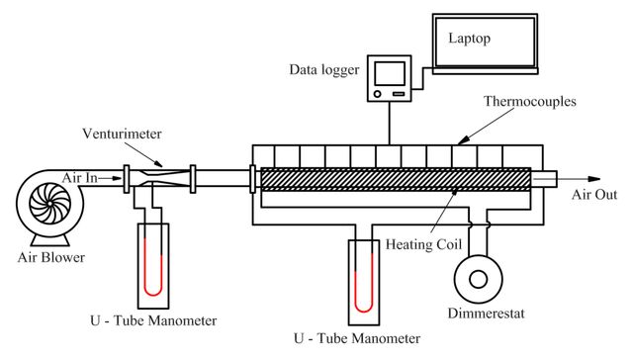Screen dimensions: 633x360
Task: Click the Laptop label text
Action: point(469,39)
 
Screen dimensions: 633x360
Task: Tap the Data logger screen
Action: point(390,73)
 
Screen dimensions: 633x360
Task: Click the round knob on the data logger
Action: point(378,94)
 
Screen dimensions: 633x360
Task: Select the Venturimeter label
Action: point(122,134)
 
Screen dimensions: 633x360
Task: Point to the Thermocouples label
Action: point(530,101)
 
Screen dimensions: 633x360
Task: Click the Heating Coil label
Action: point(423,244)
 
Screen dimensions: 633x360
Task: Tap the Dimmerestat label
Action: point(486,314)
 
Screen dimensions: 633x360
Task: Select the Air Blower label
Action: point(51,257)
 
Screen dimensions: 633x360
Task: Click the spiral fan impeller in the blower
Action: point(50,204)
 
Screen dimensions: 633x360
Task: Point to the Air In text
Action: point(79,178)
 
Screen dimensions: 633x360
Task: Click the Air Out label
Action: point(594,195)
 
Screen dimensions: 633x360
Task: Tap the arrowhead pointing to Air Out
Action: point(594,179)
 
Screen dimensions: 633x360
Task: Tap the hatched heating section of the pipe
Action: point(396,179)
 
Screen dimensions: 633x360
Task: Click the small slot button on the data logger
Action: point(399,94)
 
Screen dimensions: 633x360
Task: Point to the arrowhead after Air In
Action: point(117,178)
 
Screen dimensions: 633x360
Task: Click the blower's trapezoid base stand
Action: point(50,240)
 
